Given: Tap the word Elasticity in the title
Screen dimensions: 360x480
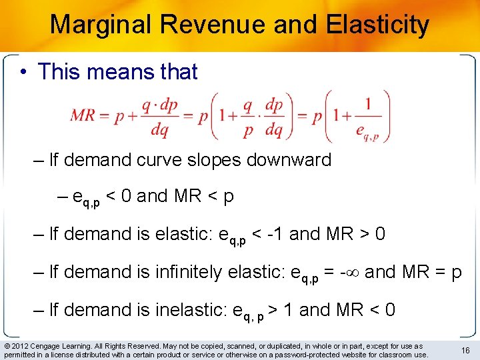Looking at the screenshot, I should click(378, 25).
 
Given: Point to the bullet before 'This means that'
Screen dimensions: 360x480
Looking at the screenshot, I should click(25, 71).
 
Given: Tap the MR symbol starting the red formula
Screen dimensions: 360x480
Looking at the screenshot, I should click(82, 115).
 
